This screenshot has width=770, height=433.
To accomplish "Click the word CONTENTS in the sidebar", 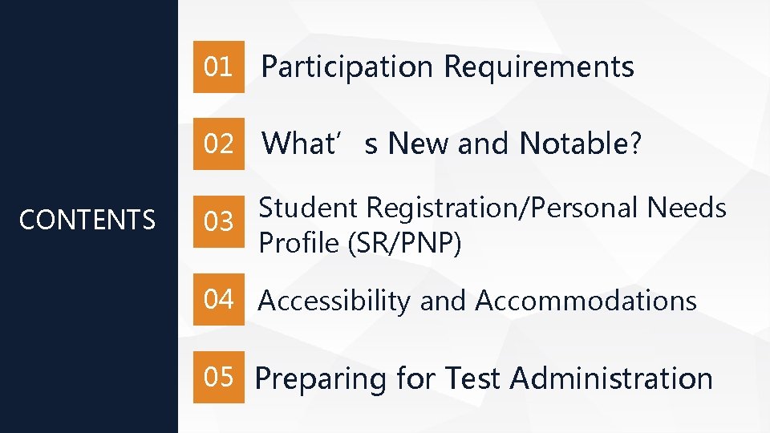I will tap(87, 220).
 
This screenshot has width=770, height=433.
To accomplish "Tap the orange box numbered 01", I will tap(219, 67).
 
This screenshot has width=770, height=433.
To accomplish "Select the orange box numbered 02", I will tap(219, 144).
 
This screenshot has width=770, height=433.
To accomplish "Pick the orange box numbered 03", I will tap(219, 222).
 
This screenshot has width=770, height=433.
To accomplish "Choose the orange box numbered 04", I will tap(219, 300).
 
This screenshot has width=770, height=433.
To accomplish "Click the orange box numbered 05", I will tap(219, 377).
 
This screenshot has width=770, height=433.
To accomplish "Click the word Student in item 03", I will tap(309, 208).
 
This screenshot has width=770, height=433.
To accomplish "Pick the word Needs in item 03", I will tap(687, 208).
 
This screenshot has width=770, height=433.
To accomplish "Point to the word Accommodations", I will tap(586, 301).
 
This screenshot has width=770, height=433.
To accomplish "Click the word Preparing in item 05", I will tap(320, 378).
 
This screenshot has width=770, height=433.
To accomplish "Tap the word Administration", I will tap(610, 378).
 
